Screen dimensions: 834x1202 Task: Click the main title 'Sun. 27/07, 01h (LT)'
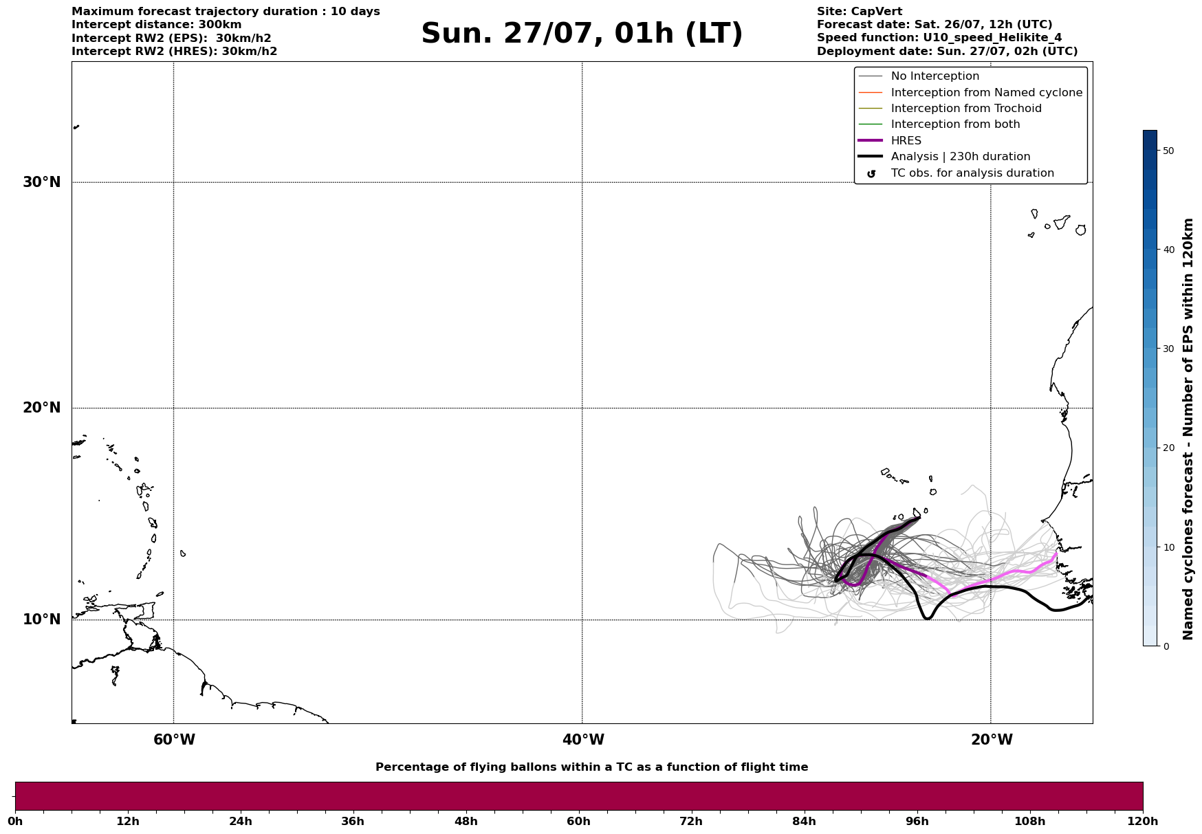[582, 34]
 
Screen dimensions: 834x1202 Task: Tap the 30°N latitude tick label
[42, 182]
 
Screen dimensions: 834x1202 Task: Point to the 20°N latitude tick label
[42, 408]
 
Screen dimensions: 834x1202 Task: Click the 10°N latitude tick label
[42, 619]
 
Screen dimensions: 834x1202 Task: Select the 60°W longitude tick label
[174, 740]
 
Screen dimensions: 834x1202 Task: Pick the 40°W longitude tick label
[583, 740]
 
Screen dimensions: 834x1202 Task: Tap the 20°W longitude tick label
[992, 740]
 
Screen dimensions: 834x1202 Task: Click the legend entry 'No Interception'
[935, 76]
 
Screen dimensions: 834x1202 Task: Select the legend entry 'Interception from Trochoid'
[965, 109]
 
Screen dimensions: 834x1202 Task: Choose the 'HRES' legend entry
[906, 141]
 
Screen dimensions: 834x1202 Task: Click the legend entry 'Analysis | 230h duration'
[960, 157]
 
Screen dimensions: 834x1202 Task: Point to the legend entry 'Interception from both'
[955, 124]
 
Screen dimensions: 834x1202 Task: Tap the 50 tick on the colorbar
[1168, 151]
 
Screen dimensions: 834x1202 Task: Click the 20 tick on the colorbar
[1168, 448]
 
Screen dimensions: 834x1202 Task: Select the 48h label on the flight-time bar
[466, 822]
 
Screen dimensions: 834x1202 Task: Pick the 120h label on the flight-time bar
[1142, 822]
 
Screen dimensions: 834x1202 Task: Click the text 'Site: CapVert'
[859, 12]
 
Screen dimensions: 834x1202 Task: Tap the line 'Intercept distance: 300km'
[156, 25]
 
